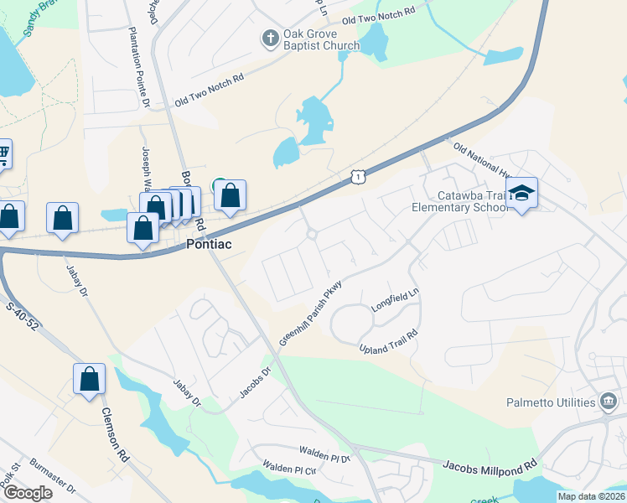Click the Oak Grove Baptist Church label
pos(321,39)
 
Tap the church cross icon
pos(270,38)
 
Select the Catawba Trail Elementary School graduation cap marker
pos(521,194)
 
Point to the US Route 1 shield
pos(358,175)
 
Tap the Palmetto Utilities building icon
pos(608,402)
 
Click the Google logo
pos(28,493)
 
